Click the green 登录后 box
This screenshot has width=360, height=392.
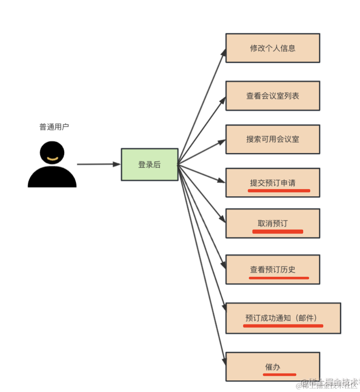(x=149, y=165)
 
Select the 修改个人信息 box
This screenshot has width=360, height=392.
(x=273, y=48)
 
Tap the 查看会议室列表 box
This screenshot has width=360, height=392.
(x=273, y=96)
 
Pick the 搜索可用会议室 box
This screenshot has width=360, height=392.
(x=273, y=139)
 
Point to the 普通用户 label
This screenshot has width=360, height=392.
(x=54, y=127)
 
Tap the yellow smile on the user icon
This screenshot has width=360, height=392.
(x=52, y=159)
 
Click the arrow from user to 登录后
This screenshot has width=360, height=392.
(x=98, y=164)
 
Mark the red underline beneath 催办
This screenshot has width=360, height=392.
(x=280, y=374)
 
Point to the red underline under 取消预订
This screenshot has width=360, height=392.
(x=278, y=232)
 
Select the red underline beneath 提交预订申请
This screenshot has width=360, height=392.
(x=279, y=190)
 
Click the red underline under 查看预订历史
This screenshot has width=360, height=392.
(x=279, y=278)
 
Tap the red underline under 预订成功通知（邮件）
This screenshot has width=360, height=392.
(x=283, y=326)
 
